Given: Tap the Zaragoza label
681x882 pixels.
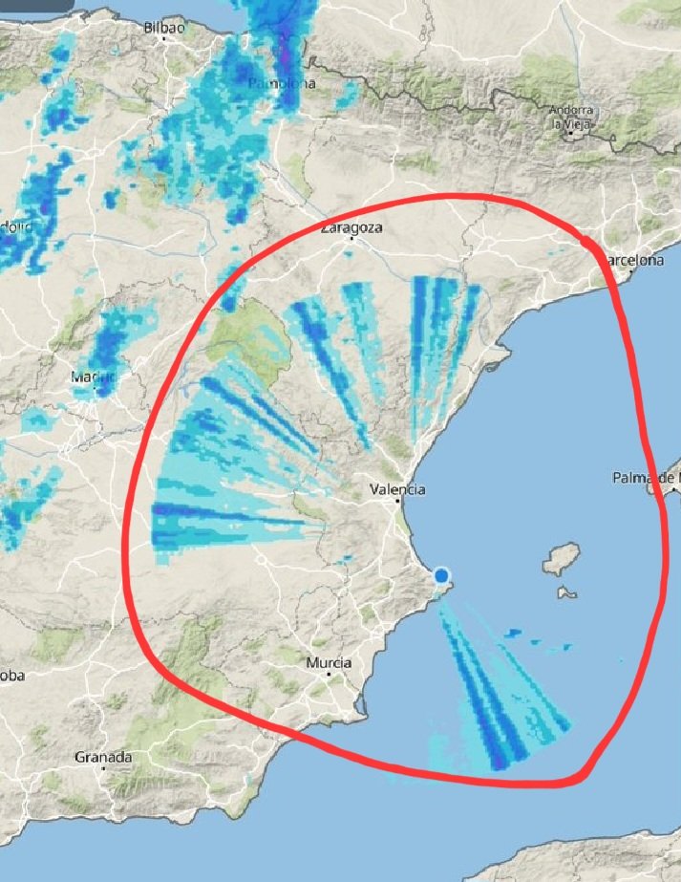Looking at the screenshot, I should pos(351,227).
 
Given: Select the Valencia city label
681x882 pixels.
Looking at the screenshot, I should pos(397,489).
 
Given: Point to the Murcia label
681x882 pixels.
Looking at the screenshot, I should pos(328,662).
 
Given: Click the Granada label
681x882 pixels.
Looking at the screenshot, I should pos(103,757).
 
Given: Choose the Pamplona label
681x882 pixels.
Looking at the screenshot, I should pos(281,84).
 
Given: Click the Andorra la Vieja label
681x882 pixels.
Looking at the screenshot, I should pos(572,117).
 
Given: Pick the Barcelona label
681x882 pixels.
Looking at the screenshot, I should pos(634,260).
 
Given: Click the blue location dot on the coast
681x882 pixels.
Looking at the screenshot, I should pos(441,576).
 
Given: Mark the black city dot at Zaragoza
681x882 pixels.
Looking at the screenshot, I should pos(351,240).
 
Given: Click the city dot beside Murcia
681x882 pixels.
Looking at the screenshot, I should pos(330,675).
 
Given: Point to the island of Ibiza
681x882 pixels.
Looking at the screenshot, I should pos(563,558).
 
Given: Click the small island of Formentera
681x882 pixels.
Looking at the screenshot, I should pos(566,593).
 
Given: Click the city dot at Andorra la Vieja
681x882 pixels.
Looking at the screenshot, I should pos(569,133).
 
